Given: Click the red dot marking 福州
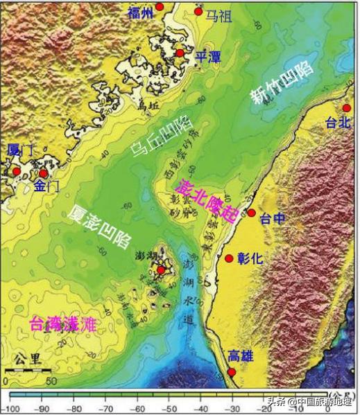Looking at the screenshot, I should [160, 6].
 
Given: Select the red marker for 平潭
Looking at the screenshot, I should [180, 53].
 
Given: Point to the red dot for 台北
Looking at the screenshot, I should [347, 108].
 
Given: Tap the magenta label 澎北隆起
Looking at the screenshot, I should [207, 197].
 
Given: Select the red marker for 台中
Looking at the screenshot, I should [251, 213].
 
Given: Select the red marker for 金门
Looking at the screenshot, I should [43, 173].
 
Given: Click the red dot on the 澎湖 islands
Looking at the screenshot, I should [161, 270].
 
